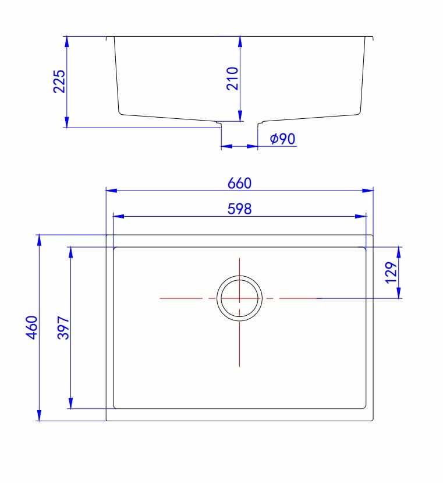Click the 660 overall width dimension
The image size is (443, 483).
tap(239, 183)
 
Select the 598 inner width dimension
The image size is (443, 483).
tap(239, 209)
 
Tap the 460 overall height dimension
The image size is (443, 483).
tap(33, 327)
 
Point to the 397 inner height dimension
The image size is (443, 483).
tap(64, 328)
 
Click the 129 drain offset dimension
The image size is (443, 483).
tap(391, 272)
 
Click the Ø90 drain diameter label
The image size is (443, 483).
tap(283, 139)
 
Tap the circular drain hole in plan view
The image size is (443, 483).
tap(240, 298)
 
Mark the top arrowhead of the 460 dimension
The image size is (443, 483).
tap(39, 239)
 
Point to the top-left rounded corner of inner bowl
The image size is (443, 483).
tap(115, 249)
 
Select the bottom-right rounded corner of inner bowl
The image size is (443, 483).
tap(364, 406)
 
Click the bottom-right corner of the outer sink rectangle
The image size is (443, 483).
tap(373, 421)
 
